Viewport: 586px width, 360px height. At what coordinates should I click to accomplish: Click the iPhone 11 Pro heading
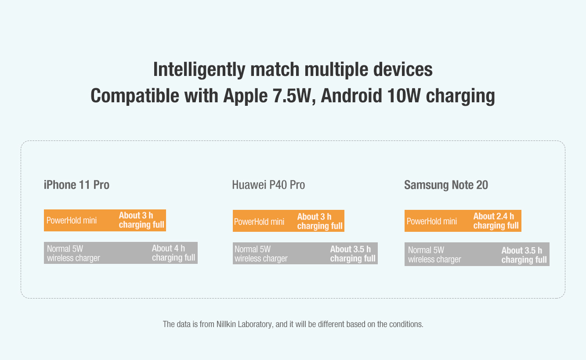pos(76,185)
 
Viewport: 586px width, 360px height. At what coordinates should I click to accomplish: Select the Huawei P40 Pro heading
pos(268,185)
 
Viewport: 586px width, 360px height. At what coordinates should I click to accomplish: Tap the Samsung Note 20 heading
pos(446,185)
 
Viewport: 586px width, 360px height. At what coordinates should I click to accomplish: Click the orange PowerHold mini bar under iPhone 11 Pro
pos(105,220)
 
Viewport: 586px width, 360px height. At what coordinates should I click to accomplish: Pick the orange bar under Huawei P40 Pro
pos(289,221)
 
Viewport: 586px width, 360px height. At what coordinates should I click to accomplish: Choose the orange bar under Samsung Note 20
pos(463,221)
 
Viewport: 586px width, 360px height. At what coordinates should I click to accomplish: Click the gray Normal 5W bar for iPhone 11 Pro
pos(121,253)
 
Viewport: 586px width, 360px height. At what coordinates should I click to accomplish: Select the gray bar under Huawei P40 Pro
pos(305,253)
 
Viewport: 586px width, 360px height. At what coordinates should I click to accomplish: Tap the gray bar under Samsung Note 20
pos(477,254)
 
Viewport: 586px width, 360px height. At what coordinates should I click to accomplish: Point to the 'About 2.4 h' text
pos(494,216)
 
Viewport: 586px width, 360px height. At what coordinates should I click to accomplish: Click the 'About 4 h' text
pos(168,248)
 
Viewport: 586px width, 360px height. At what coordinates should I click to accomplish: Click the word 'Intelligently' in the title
pos(199,69)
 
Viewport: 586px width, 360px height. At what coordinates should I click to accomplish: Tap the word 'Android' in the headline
pos(351,96)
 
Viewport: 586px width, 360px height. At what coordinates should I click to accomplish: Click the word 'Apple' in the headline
pos(246,96)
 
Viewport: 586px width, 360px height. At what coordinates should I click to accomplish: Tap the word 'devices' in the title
pos(403,69)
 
